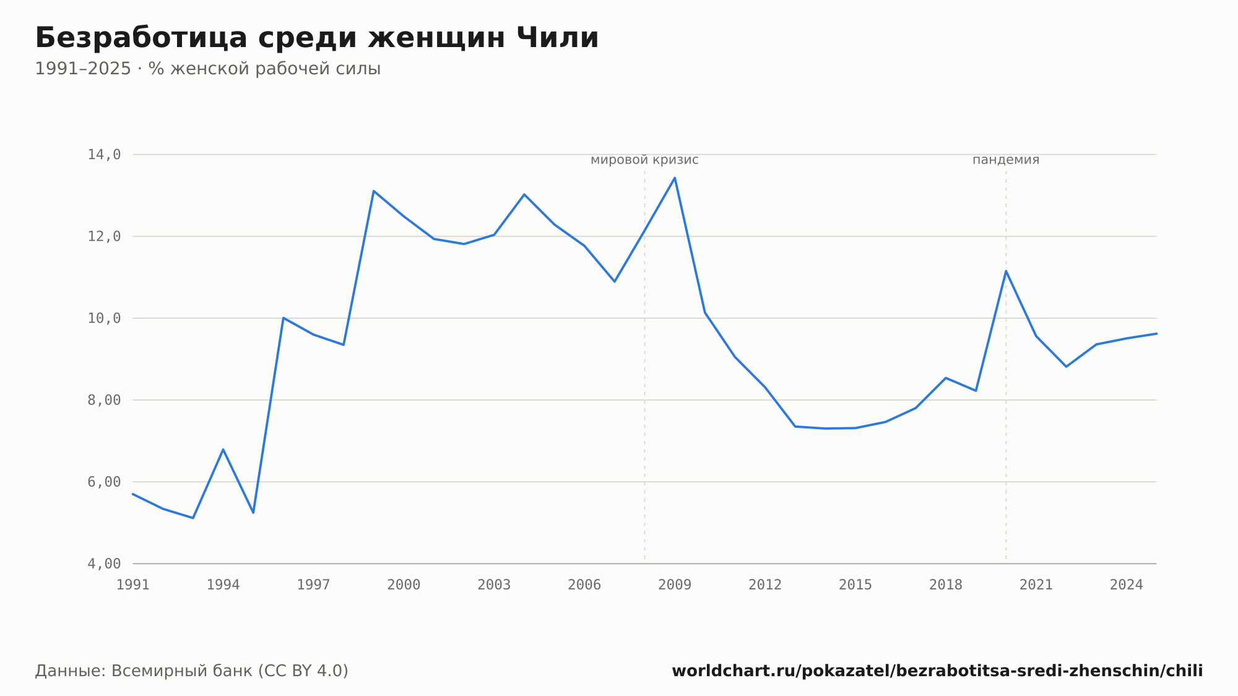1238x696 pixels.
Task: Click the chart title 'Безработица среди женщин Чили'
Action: coord(317,38)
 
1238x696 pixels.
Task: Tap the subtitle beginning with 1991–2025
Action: coord(207,69)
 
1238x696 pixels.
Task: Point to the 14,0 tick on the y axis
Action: coord(104,155)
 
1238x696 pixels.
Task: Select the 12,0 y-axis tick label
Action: coord(104,237)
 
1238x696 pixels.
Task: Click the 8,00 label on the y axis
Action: coord(104,400)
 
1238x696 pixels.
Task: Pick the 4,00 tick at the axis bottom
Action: coord(104,563)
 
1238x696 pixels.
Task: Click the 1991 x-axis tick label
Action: coord(133,585)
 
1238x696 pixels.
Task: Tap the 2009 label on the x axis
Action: coord(675,585)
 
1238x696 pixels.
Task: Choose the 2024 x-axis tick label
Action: coord(1127,585)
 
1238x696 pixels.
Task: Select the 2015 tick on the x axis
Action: coord(855,585)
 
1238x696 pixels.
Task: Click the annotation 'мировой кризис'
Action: coord(644,160)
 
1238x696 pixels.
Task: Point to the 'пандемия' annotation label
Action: coord(1006,160)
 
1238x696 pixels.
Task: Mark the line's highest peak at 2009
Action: coord(675,178)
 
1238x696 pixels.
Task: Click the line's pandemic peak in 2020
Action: coord(1006,271)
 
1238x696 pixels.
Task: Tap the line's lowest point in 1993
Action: coord(193,518)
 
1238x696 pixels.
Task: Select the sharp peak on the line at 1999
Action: coord(374,191)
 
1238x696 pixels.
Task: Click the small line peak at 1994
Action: coord(223,449)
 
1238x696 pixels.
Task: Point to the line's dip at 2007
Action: coord(615,282)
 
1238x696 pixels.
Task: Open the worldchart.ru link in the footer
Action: coord(937,671)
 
